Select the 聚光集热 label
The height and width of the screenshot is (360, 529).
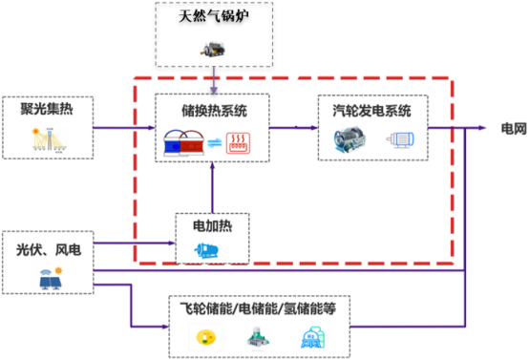tap(45, 109)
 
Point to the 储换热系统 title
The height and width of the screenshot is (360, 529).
tap(212, 110)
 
